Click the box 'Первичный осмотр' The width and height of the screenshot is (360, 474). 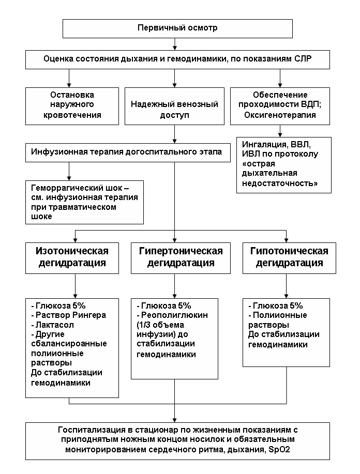point(177,29)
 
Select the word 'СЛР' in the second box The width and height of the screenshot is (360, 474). point(303,58)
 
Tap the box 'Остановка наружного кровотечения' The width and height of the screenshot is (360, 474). point(72,106)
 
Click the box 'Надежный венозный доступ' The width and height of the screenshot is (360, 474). point(174,106)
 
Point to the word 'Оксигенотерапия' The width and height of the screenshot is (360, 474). point(280,115)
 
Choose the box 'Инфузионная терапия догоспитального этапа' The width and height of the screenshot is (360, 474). point(128,153)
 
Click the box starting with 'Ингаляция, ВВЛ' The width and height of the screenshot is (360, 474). point(284,165)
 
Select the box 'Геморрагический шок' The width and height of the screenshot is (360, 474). point(84,202)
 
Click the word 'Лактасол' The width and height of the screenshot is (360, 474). point(55,325)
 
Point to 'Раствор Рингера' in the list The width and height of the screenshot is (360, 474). point(71,315)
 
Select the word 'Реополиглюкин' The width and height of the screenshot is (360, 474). point(174,315)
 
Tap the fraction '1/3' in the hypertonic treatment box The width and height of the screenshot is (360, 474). point(144,325)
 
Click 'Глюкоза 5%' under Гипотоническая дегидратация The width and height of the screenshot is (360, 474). point(278,305)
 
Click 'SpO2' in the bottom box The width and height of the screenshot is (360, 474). point(279,450)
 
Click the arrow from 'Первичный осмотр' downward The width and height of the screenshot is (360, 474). point(174,44)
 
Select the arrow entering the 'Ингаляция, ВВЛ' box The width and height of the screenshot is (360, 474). point(280,131)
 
